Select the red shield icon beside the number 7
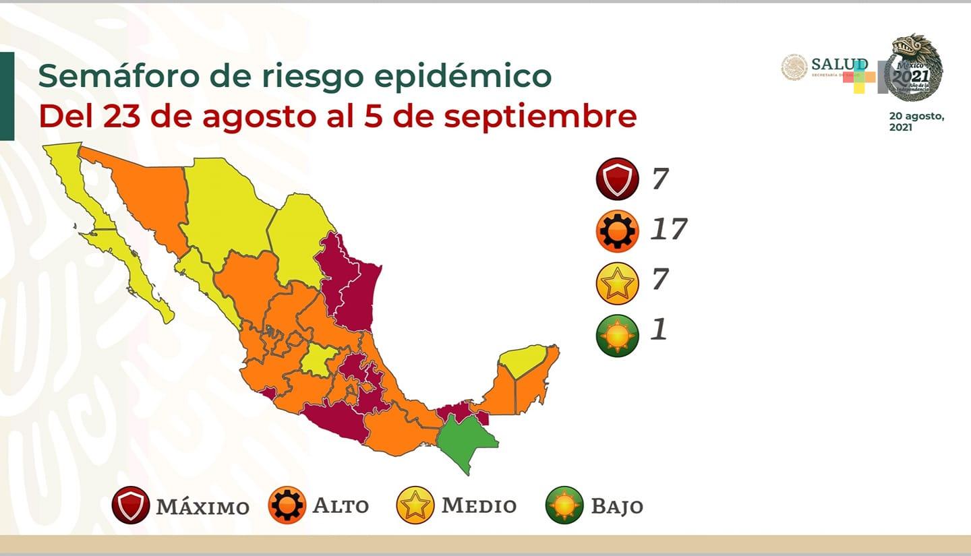tap(617, 179)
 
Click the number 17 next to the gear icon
tap(668, 230)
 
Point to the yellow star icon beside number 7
tap(617, 283)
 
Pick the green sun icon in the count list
tap(617, 335)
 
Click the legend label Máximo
tap(202, 506)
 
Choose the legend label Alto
tap(341, 505)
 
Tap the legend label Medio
tap(479, 505)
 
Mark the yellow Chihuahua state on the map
tap(226, 206)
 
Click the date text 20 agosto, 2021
tap(916, 121)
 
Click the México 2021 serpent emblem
tap(914, 67)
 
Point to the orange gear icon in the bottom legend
tap(287, 505)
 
